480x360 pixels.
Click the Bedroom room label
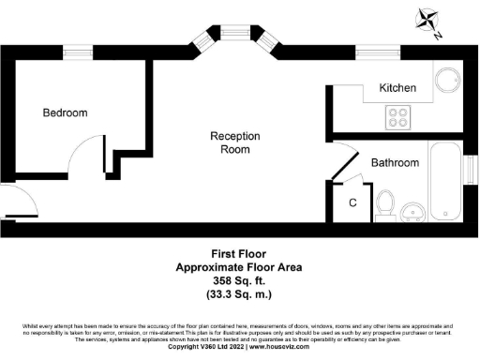coord(65,113)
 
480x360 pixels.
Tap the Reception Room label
coord(234,142)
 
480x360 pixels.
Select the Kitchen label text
coord(397,88)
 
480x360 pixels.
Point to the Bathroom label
coord(395,163)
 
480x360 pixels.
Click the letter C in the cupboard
coord(352,202)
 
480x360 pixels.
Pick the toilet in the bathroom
coord(384,202)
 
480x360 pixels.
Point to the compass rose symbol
coord(428,21)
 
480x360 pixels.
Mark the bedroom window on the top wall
coord(77,52)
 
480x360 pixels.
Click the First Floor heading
coord(239,253)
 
